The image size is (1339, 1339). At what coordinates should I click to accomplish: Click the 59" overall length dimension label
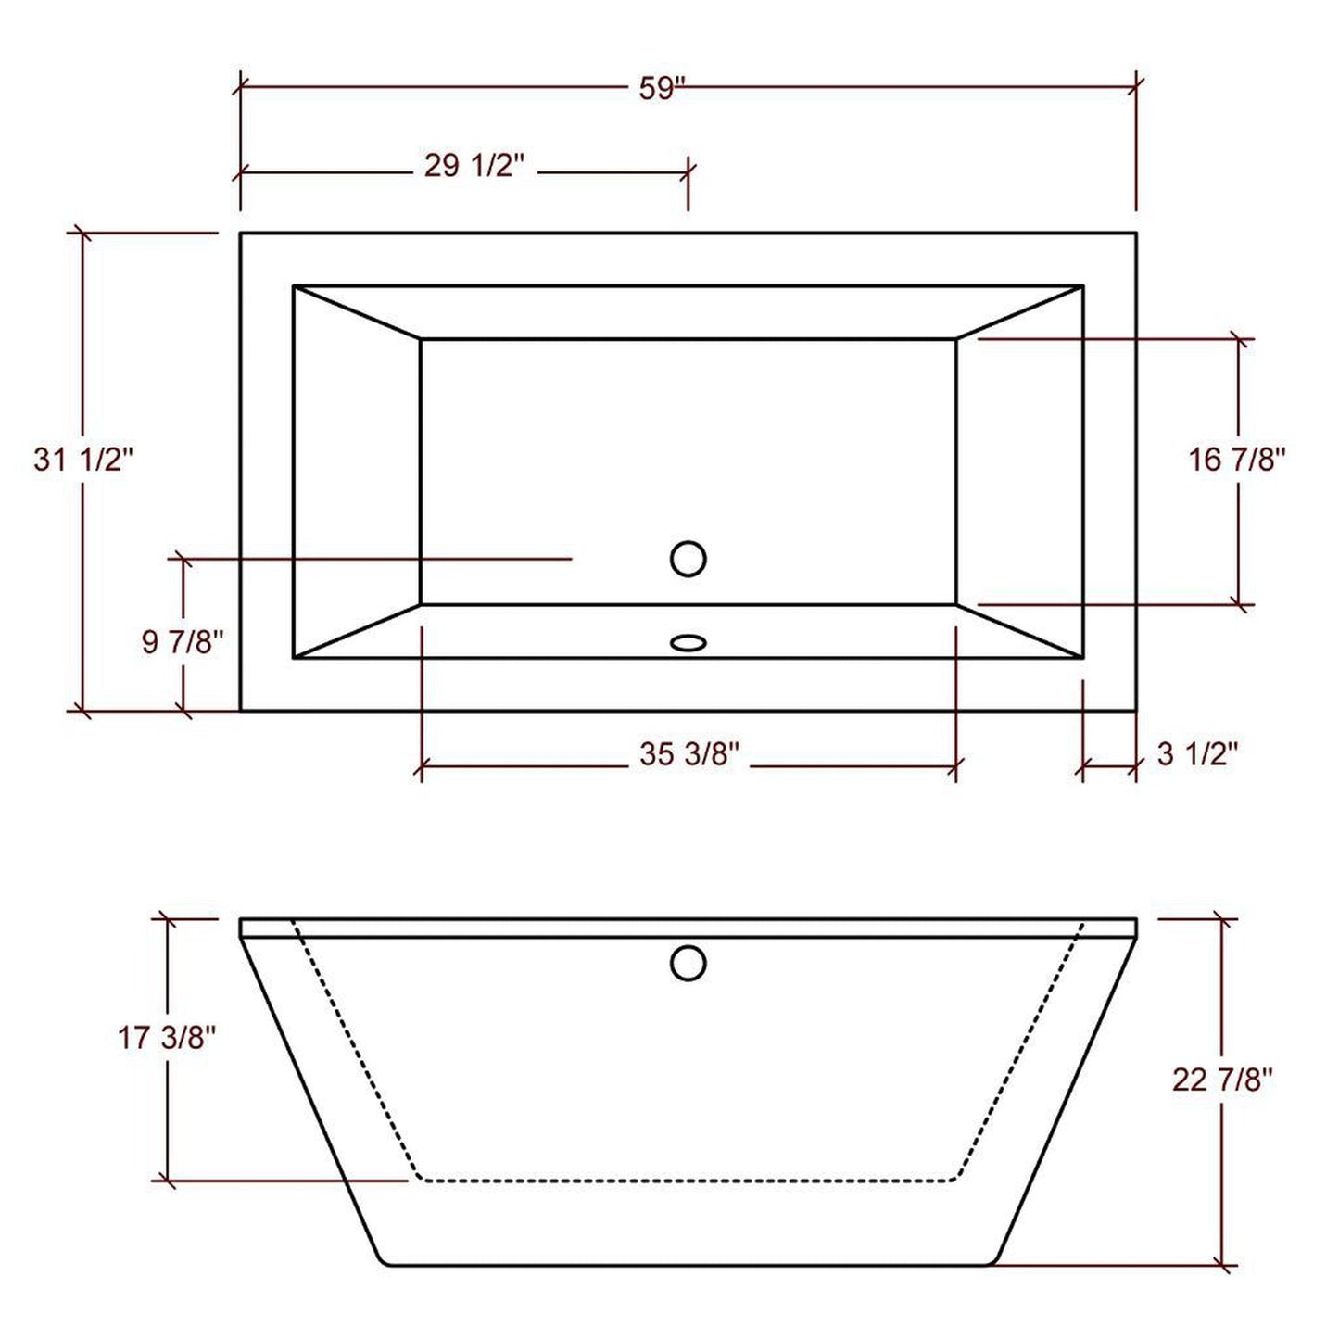pyautogui.click(x=661, y=89)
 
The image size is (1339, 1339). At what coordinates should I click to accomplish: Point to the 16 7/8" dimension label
pyautogui.click(x=1238, y=460)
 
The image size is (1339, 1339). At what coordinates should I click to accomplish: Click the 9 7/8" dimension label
pyautogui.click(x=183, y=641)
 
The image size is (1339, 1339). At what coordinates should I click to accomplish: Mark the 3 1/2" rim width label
pyautogui.click(x=1197, y=754)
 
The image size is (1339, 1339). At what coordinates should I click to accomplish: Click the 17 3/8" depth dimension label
pyautogui.click(x=167, y=1038)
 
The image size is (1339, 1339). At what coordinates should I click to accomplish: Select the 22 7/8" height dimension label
pyautogui.click(x=1222, y=1080)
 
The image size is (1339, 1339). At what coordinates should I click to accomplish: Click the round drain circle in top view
pyautogui.click(x=688, y=559)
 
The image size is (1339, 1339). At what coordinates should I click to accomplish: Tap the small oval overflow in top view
pyautogui.click(x=688, y=641)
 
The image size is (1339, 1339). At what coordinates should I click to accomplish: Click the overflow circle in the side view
pyautogui.click(x=688, y=963)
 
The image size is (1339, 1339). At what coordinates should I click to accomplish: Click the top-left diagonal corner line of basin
pyautogui.click(x=357, y=312)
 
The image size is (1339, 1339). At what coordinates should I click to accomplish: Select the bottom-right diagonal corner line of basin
pyautogui.click(x=1019, y=631)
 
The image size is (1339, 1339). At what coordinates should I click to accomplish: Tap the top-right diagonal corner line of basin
pyautogui.click(x=1019, y=312)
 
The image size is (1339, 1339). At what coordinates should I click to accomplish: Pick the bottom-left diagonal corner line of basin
pyautogui.click(x=357, y=631)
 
